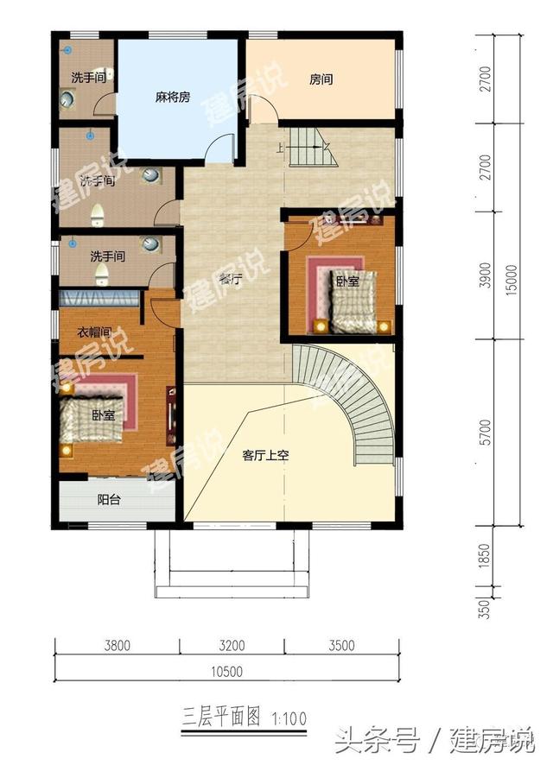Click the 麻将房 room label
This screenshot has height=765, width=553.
(x=173, y=98)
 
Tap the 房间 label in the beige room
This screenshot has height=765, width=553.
(x=321, y=80)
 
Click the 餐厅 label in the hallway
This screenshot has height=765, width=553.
(x=229, y=279)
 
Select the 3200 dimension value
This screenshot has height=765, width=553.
(x=232, y=645)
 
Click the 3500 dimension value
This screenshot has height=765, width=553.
(x=342, y=645)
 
